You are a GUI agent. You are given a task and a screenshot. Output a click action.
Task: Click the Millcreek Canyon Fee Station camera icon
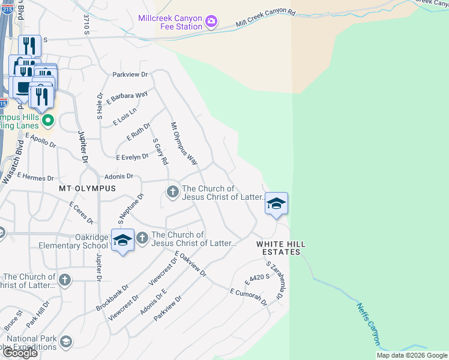tap(211, 22)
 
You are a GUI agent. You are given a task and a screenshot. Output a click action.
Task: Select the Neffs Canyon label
tap(369, 324)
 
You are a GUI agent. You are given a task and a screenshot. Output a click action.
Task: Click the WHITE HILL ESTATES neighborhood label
tap(278, 248)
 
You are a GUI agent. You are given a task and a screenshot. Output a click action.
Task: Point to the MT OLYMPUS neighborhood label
tap(87, 188)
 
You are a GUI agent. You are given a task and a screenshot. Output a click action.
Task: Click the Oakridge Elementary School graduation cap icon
tap(122, 240)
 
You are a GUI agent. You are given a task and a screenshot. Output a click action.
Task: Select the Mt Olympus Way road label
tap(184, 144)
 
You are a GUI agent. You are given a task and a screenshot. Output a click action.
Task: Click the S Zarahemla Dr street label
tap(274, 280)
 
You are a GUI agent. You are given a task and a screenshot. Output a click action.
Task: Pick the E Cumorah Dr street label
tap(249, 296)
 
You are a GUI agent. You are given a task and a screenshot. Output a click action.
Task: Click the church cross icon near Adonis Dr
tap(172, 191)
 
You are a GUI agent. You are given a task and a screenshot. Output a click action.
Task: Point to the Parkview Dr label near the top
tap(130, 74)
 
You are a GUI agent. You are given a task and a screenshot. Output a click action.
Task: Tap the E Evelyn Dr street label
tap(132, 157)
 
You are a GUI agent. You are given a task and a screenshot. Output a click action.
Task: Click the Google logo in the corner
tap(20, 353)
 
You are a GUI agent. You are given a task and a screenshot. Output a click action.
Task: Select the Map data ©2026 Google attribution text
tap(412, 355)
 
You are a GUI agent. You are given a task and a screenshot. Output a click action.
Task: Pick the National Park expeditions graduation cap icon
tap(65, 342)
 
